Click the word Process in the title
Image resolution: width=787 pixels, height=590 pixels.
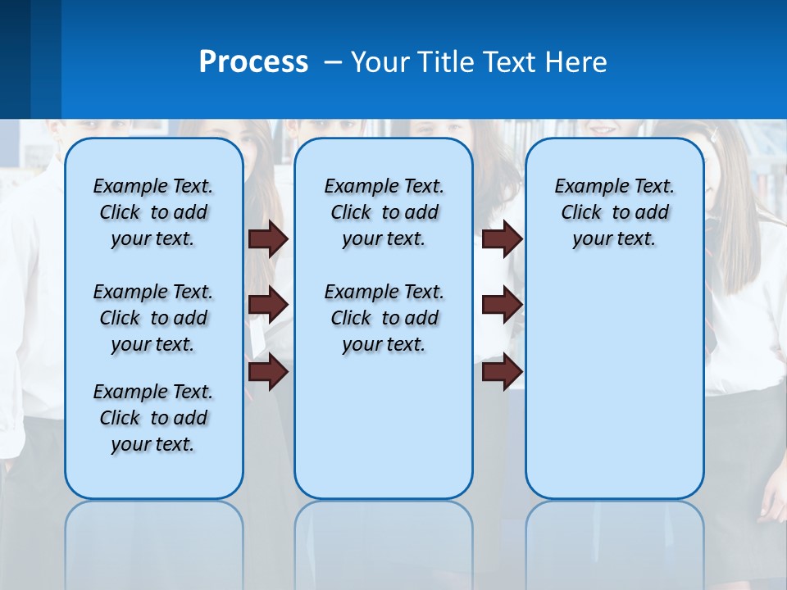point(253,62)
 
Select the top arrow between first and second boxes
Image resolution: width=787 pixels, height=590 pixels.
point(268,238)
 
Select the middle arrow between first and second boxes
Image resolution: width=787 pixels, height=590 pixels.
point(268,305)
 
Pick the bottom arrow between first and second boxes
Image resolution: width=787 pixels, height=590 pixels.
point(268,372)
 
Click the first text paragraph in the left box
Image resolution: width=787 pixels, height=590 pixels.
point(152,212)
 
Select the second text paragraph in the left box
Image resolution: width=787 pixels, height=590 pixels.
point(152,318)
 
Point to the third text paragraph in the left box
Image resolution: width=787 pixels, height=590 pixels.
point(152,418)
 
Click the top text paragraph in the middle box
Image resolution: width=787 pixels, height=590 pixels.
point(384,212)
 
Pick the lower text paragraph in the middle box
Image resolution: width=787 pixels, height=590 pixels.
point(384,318)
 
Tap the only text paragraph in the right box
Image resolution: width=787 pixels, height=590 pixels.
point(614,212)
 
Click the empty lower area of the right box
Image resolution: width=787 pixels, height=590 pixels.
point(614,385)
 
